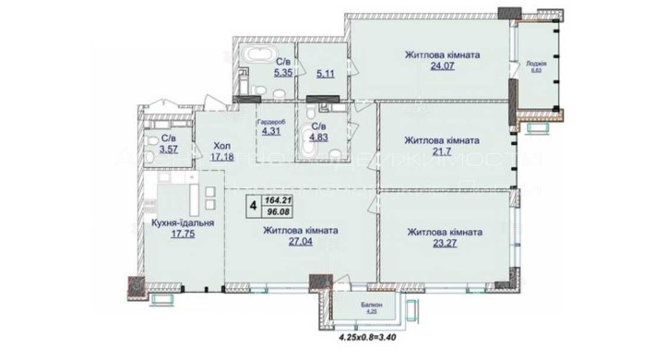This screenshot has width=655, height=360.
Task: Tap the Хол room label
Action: coord(222,145)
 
